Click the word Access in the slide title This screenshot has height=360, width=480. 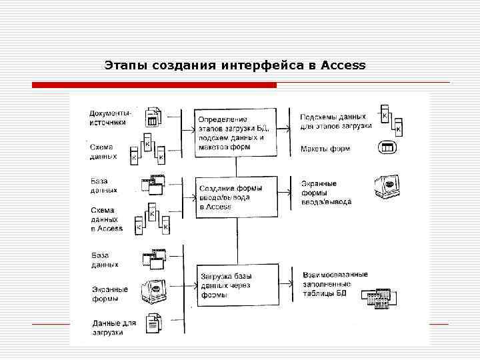tap(343, 65)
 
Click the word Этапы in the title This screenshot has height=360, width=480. tap(127, 65)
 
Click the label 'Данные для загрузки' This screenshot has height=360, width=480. tap(113, 327)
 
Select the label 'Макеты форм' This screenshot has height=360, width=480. tap(325, 149)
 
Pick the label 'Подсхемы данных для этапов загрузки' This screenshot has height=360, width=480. tap(335, 121)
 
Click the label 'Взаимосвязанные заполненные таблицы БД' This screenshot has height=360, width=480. tap(334, 283)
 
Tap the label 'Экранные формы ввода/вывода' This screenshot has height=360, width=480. tap(326, 193)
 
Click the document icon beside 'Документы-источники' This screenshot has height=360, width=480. tap(153, 118)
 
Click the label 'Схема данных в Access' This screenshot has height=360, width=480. tap(106, 219)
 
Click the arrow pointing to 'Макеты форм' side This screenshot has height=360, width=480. tap(288, 149)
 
